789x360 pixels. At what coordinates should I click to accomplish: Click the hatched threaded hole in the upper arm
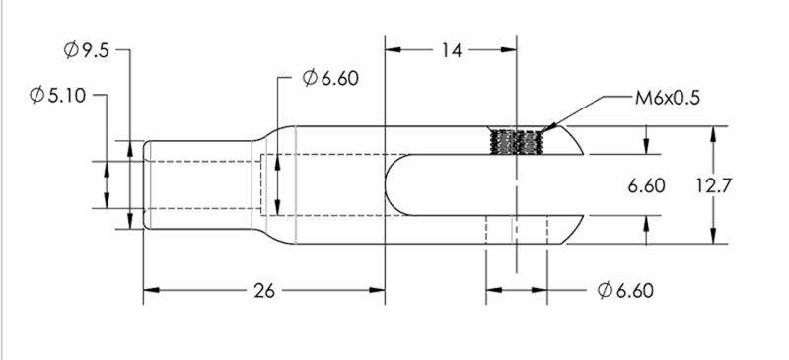click(x=517, y=143)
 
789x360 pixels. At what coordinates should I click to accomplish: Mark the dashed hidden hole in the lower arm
click(x=517, y=229)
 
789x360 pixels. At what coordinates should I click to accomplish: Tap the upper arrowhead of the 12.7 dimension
click(x=712, y=132)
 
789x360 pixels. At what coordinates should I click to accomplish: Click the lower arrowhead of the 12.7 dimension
click(x=712, y=238)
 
